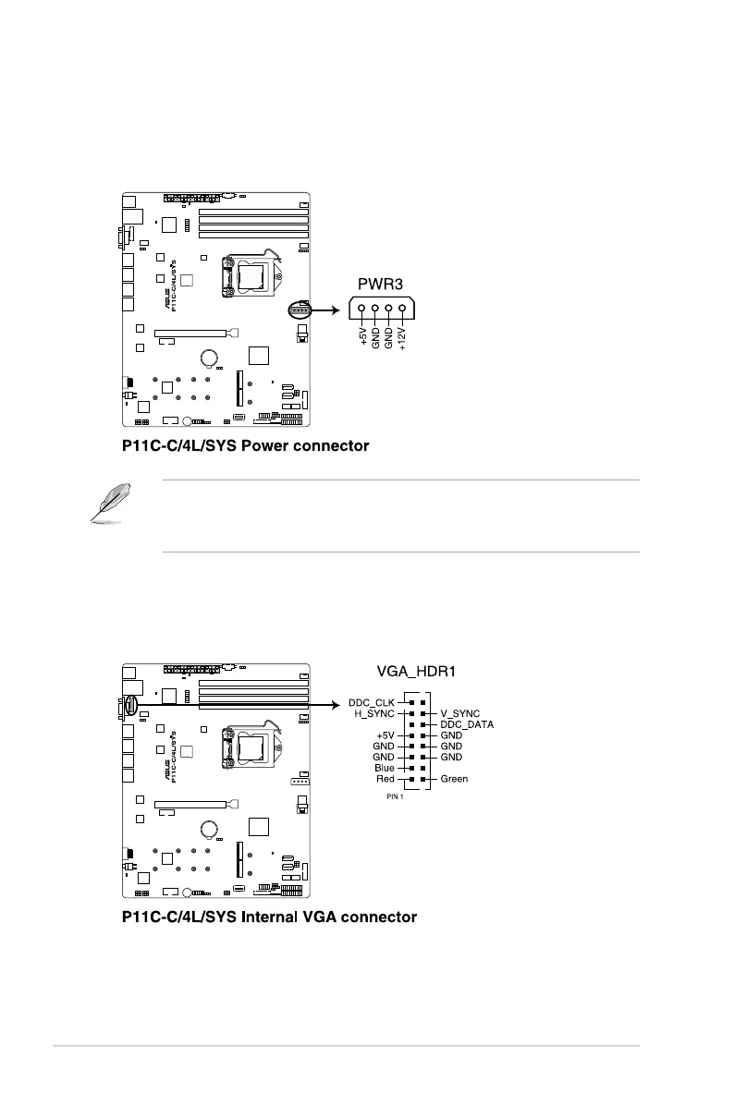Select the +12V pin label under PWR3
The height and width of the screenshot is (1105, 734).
click(x=402, y=339)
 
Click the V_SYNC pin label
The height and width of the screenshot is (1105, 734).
click(x=459, y=713)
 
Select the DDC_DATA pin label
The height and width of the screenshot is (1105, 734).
click(x=467, y=724)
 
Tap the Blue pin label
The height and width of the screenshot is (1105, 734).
click(x=385, y=768)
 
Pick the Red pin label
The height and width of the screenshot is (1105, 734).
click(x=385, y=779)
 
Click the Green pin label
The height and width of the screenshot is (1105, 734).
click(x=454, y=779)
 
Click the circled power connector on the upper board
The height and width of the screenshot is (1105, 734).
click(x=299, y=311)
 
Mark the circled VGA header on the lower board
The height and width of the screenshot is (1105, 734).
click(x=130, y=707)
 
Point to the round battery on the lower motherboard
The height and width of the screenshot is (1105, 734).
click(x=211, y=827)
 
